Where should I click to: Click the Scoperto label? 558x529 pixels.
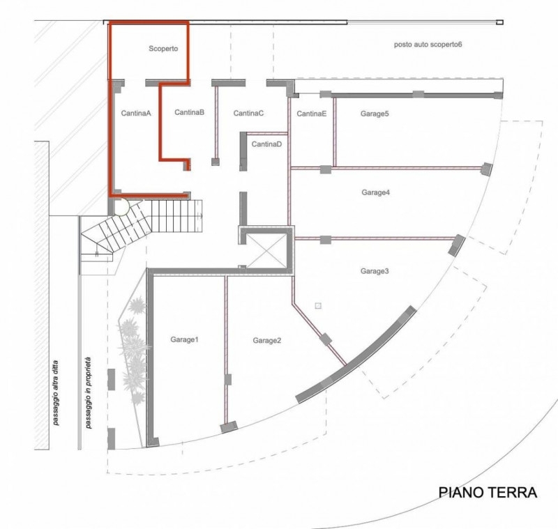coord(163,49)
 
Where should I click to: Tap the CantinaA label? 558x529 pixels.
coord(136,113)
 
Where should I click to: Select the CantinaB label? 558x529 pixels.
coord(189,112)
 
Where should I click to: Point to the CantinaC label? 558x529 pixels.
coord(248,113)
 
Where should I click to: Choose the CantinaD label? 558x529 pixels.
coord(266,144)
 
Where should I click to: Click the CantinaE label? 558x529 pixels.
coord(311,114)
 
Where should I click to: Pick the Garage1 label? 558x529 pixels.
coord(184,339)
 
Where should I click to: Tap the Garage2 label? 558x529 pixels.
coord(267,341)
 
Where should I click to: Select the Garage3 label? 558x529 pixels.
coord(375,271)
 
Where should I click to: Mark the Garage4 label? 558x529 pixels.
coord(376,192)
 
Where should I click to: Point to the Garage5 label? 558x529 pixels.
coord(375,114)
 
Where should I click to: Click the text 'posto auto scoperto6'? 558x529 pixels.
coord(428,45)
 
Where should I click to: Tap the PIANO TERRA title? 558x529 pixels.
coord(488,492)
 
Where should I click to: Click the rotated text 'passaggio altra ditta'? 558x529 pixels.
coord(56,393)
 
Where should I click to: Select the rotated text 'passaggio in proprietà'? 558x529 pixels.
coord(88,392)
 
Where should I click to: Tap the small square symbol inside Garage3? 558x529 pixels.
coord(318,306)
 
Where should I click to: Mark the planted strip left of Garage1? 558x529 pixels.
coord(133,352)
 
